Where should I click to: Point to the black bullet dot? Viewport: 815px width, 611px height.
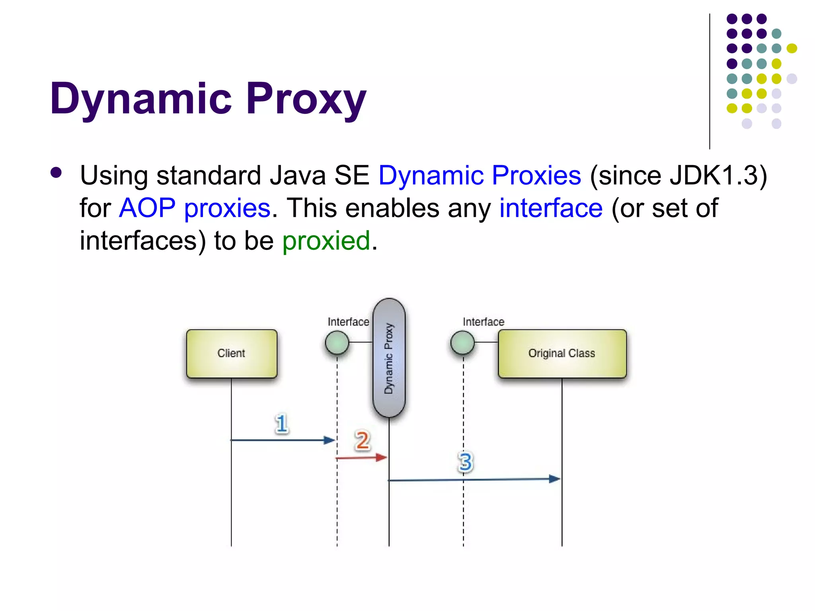[57, 173]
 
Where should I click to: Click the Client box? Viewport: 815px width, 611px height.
[231, 353]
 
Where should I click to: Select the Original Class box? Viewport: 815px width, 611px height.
[562, 353]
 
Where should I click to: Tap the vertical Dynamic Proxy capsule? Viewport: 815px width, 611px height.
[389, 358]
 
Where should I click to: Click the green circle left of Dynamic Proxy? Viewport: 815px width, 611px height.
[337, 342]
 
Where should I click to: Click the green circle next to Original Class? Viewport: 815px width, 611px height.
[462, 342]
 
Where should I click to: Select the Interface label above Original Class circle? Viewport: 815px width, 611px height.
[483, 321]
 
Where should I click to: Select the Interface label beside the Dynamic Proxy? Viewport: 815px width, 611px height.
[348, 321]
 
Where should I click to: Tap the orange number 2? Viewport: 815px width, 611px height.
[362, 440]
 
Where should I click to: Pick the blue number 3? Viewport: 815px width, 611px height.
[465, 462]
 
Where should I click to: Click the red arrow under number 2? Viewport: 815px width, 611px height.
[361, 458]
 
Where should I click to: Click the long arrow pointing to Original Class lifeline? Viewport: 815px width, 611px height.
[474, 480]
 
